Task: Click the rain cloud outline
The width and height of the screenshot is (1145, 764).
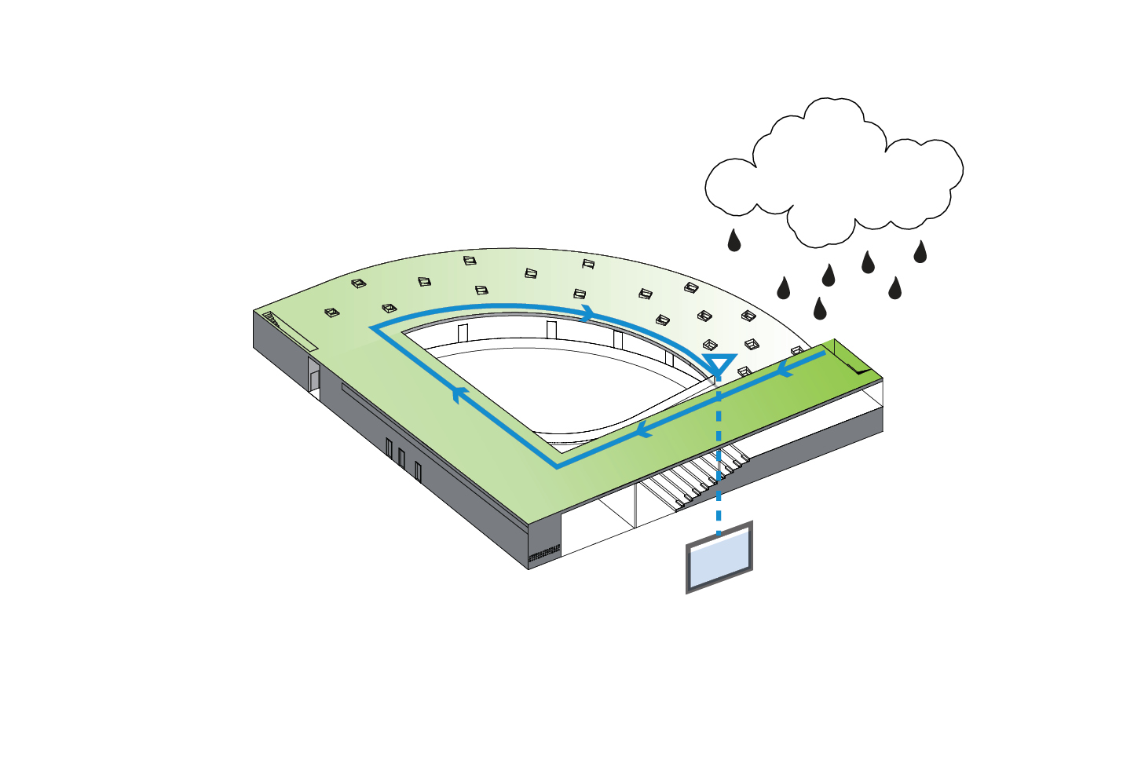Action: click(834, 169)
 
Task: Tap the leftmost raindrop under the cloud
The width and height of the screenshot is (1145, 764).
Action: click(734, 241)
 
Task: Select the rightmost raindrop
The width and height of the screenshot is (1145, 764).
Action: click(920, 252)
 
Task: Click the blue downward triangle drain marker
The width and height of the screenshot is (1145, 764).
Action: click(719, 364)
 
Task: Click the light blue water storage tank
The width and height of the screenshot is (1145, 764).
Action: click(719, 558)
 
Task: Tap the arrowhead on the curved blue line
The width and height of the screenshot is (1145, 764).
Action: click(587, 313)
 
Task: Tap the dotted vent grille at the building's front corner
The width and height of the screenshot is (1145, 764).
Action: click(544, 554)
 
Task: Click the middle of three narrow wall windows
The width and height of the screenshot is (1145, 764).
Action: click(401, 459)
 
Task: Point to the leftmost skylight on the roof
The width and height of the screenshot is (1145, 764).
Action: click(332, 313)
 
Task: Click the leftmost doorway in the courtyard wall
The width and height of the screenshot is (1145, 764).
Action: click(463, 333)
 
